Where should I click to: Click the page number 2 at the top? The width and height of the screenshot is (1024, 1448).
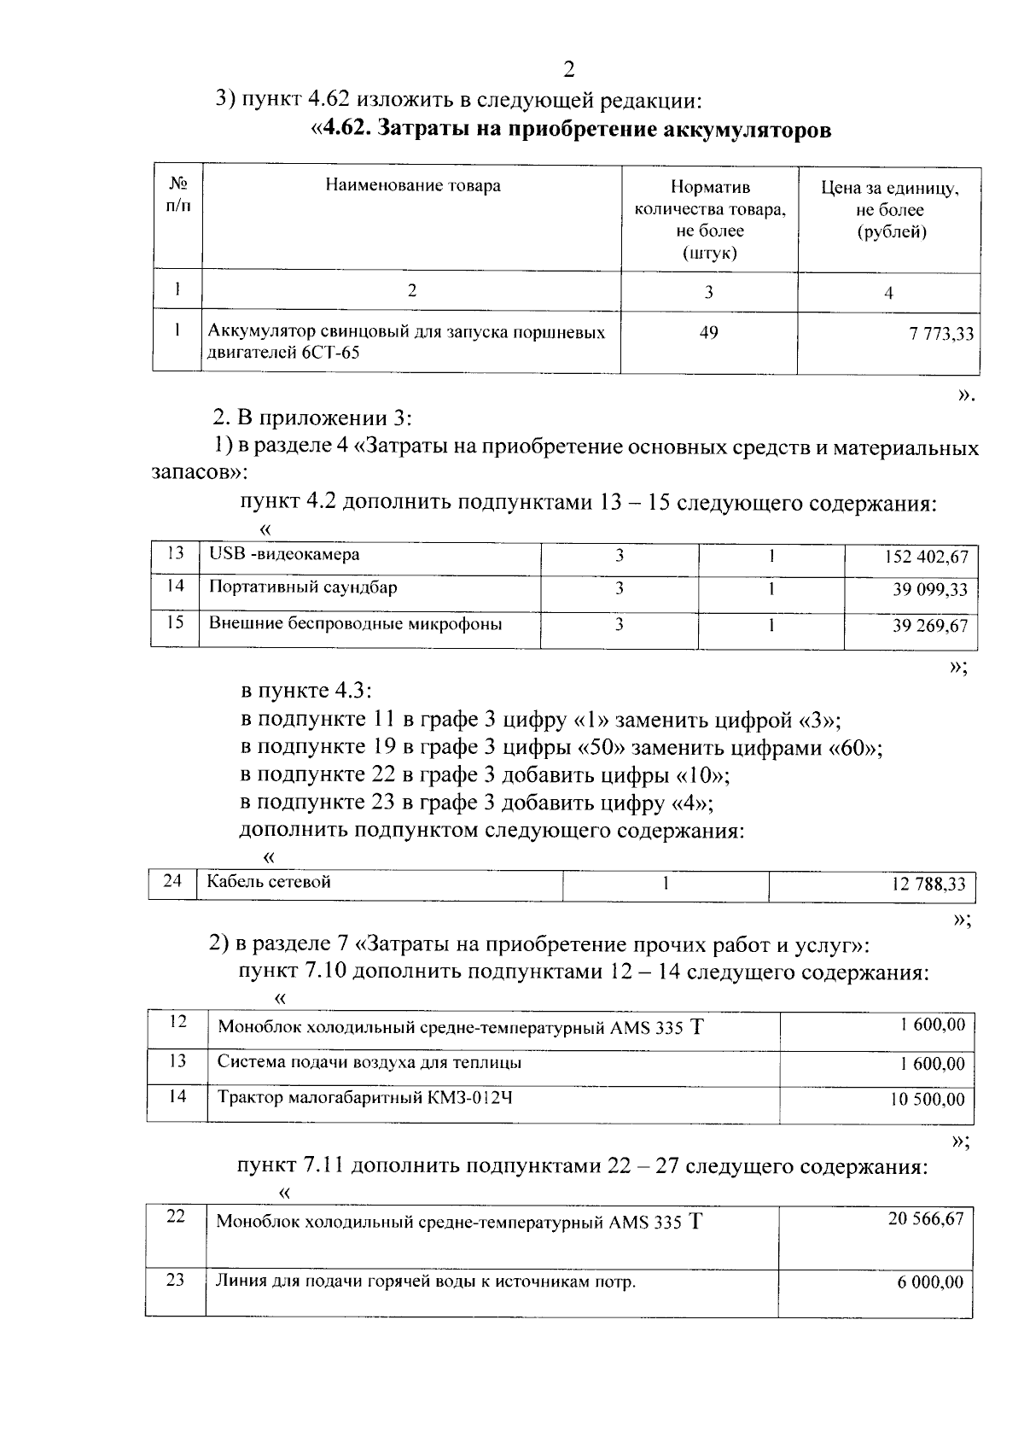(570, 69)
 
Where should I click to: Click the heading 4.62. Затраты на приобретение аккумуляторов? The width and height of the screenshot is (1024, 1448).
(570, 130)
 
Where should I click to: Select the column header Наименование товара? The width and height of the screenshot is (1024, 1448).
(412, 185)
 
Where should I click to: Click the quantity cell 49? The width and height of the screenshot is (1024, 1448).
(708, 332)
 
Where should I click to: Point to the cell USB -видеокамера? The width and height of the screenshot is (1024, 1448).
(284, 555)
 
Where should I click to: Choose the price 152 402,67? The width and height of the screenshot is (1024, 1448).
(926, 558)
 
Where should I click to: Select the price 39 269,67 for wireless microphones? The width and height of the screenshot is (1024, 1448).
(930, 626)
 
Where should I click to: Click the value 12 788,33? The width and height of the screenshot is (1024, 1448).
(928, 885)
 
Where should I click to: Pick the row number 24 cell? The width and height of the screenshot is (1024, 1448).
(172, 881)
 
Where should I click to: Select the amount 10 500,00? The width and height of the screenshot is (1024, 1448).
(927, 1100)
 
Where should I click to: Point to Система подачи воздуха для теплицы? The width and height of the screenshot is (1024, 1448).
(369, 1063)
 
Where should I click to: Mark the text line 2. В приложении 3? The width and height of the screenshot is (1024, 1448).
(312, 418)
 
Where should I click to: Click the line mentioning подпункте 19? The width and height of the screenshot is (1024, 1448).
(561, 748)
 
